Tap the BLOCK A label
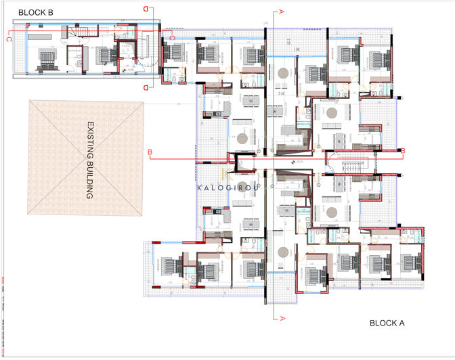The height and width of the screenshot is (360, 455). click(387, 323)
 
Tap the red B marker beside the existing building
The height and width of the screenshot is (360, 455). click(149, 152)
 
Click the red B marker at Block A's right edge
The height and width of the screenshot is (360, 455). click(402, 150)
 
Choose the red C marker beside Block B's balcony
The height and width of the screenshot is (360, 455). click(9, 39)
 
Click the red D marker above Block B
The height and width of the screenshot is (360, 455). click(146, 8)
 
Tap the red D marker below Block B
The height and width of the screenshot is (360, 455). click(146, 87)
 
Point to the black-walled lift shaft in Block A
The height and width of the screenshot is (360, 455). click(241, 162)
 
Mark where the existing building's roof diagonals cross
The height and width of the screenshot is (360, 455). click(87, 158)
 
